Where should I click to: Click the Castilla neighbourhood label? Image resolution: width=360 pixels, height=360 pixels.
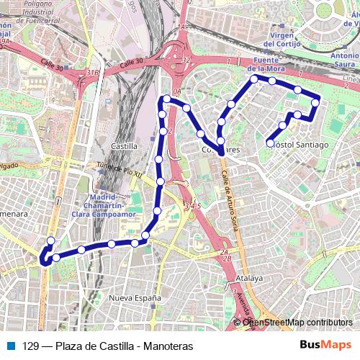coord(125,146)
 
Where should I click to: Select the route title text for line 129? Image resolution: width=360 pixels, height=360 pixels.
coord(108,346)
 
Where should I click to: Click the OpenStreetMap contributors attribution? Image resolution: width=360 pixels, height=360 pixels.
coord(297,323)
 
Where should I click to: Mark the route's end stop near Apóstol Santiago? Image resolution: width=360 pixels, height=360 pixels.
coord(270,143)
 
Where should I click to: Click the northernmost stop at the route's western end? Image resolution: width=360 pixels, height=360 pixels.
coord(50,241)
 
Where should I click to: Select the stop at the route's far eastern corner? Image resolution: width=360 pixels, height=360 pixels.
coord(315,104)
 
